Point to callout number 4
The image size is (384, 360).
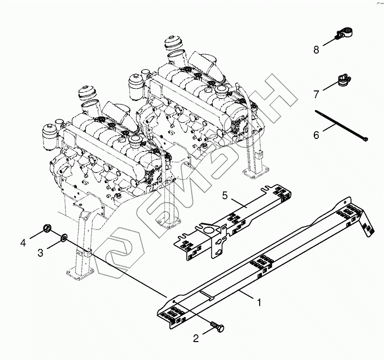pos(23,242)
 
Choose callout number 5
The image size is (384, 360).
pos(225,196)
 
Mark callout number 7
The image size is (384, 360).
pos(316,93)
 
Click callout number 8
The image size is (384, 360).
pos(316,50)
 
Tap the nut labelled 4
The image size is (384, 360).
pos(47,229)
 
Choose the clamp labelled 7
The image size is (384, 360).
pos(342,83)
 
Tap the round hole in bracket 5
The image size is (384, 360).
pos(207,229)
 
